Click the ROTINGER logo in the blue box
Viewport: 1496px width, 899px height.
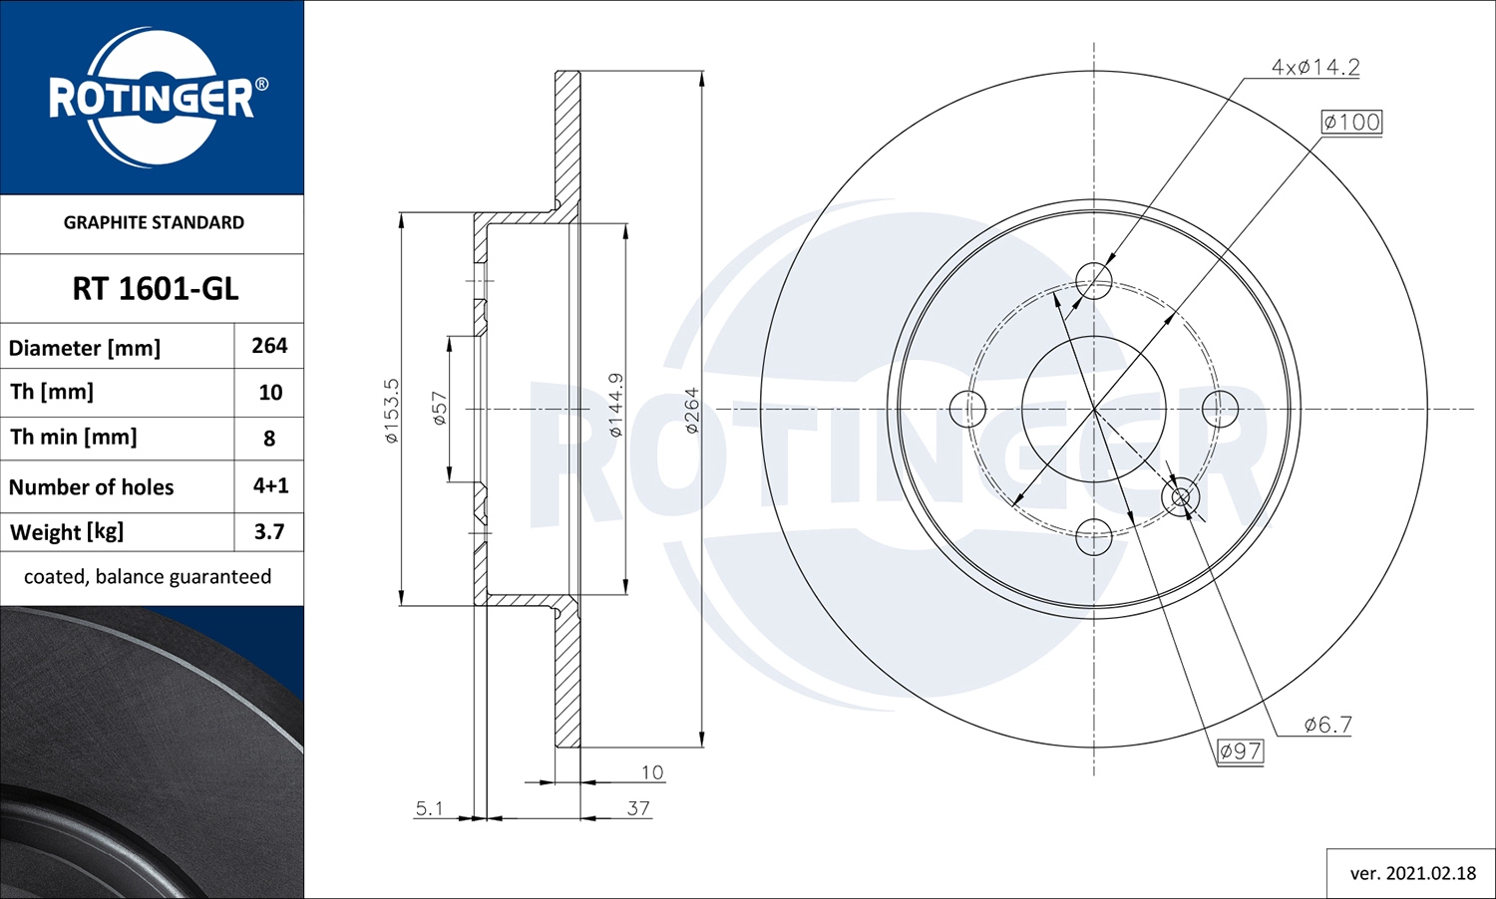pos(156,98)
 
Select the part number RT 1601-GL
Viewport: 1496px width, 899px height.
pos(155,289)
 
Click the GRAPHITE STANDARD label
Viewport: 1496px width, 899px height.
pos(154,222)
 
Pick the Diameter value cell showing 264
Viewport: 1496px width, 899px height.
pos(269,346)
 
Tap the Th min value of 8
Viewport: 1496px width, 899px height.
pos(269,439)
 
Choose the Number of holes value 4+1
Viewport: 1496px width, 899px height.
pos(270,485)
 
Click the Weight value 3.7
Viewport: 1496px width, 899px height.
pos(269,532)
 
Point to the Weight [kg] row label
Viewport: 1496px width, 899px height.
pos(67,532)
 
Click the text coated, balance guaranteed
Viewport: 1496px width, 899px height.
pos(148,577)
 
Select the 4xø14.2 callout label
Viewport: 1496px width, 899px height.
pos(1314,67)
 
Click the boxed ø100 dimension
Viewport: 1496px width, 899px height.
pos(1351,122)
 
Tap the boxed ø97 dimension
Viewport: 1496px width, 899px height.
pos(1241,750)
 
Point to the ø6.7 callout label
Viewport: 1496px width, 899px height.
pos(1327,725)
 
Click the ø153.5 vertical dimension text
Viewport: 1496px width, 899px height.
pos(391,410)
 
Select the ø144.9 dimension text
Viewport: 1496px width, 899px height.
pos(615,405)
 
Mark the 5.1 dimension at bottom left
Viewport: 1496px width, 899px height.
pos(429,808)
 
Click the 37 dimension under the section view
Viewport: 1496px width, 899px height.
pos(638,808)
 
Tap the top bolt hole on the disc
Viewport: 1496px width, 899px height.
pos(1094,281)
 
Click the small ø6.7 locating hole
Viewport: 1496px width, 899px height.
pos(1181,497)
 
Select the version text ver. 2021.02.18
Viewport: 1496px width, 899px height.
pos(1412,873)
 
